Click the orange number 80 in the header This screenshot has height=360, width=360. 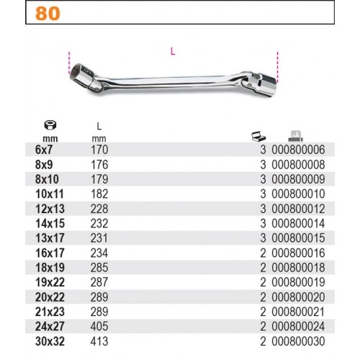pyautogui.click(x=48, y=14)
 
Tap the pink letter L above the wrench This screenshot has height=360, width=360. pyautogui.click(x=173, y=51)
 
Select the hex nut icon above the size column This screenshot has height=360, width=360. pyautogui.click(x=50, y=125)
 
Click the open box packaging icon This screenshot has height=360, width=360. pyautogui.click(x=258, y=137)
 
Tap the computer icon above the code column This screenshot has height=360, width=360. pyautogui.click(x=295, y=136)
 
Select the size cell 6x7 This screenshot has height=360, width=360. pyautogui.click(x=44, y=150)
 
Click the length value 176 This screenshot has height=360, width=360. pyautogui.click(x=99, y=165)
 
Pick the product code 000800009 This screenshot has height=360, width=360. pyautogui.click(x=298, y=179)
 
